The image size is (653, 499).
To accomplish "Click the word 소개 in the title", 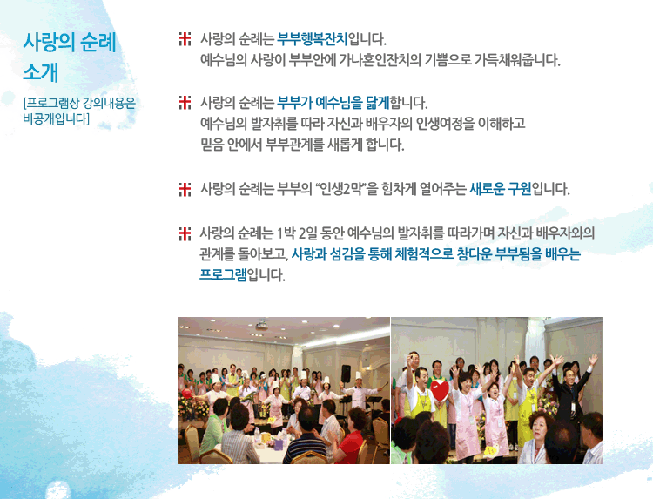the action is pos(40,72).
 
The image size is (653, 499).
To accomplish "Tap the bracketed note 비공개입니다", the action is pos(57,118).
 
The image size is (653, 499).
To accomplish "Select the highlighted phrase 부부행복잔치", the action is pos(312,39).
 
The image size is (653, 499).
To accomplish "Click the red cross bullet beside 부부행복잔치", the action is pos(185,38).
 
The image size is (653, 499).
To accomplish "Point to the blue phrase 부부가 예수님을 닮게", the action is pos(333,103).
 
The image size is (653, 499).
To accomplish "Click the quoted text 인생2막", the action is pos(340,189).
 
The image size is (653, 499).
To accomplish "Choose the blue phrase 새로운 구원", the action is pos(501,189).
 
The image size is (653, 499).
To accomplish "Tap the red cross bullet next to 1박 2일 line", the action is pos(185,233).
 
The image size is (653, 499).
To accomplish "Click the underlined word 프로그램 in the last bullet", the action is pos(223,275).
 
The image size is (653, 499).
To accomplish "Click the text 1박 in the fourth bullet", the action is pos(286,233).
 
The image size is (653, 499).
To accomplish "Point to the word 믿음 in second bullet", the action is pos(212,145).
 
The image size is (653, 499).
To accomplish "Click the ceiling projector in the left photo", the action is pos(261,326).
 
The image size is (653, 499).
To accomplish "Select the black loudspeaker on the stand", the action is pos(346,374).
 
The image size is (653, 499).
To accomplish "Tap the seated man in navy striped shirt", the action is pos(307,437).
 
